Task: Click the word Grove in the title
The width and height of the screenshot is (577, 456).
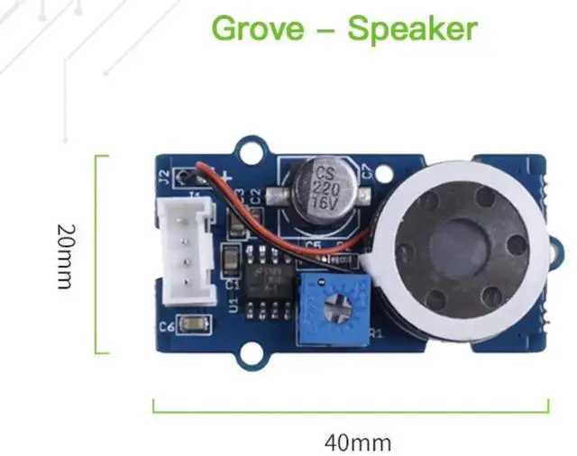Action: [x=256, y=29]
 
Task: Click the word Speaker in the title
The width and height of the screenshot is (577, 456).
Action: [x=412, y=29]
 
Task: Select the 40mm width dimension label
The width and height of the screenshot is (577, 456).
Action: [x=358, y=442]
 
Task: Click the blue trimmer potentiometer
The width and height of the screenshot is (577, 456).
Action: [x=335, y=305]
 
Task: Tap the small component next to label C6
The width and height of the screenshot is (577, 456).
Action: [x=193, y=324]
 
